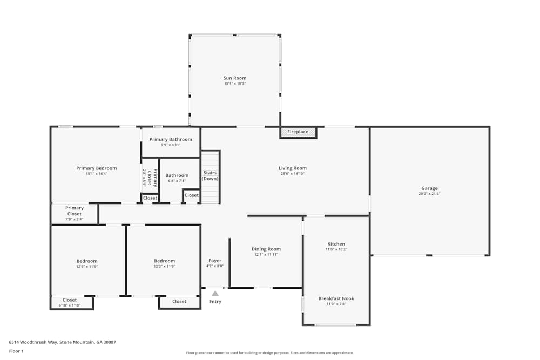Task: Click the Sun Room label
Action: (235, 78)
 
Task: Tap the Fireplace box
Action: (298, 132)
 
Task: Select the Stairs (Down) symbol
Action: (210, 176)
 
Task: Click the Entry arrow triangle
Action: (215, 294)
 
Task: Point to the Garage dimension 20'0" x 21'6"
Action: (429, 194)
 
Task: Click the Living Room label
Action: (293, 168)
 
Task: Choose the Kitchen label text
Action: (336, 244)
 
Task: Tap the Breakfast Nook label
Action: (336, 298)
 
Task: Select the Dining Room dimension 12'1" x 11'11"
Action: (266, 255)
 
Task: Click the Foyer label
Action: (215, 261)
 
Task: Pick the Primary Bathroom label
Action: (171, 139)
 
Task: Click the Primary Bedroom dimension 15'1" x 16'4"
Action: (96, 174)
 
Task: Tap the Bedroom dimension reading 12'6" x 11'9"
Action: (87, 267)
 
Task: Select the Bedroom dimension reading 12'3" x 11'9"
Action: (164, 267)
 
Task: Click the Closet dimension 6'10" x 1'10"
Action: (70, 305)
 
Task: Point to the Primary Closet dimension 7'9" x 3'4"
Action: (75, 219)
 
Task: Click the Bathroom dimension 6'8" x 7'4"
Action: (177, 181)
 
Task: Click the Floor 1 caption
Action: (16, 351)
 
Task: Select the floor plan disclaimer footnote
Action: (270, 353)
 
